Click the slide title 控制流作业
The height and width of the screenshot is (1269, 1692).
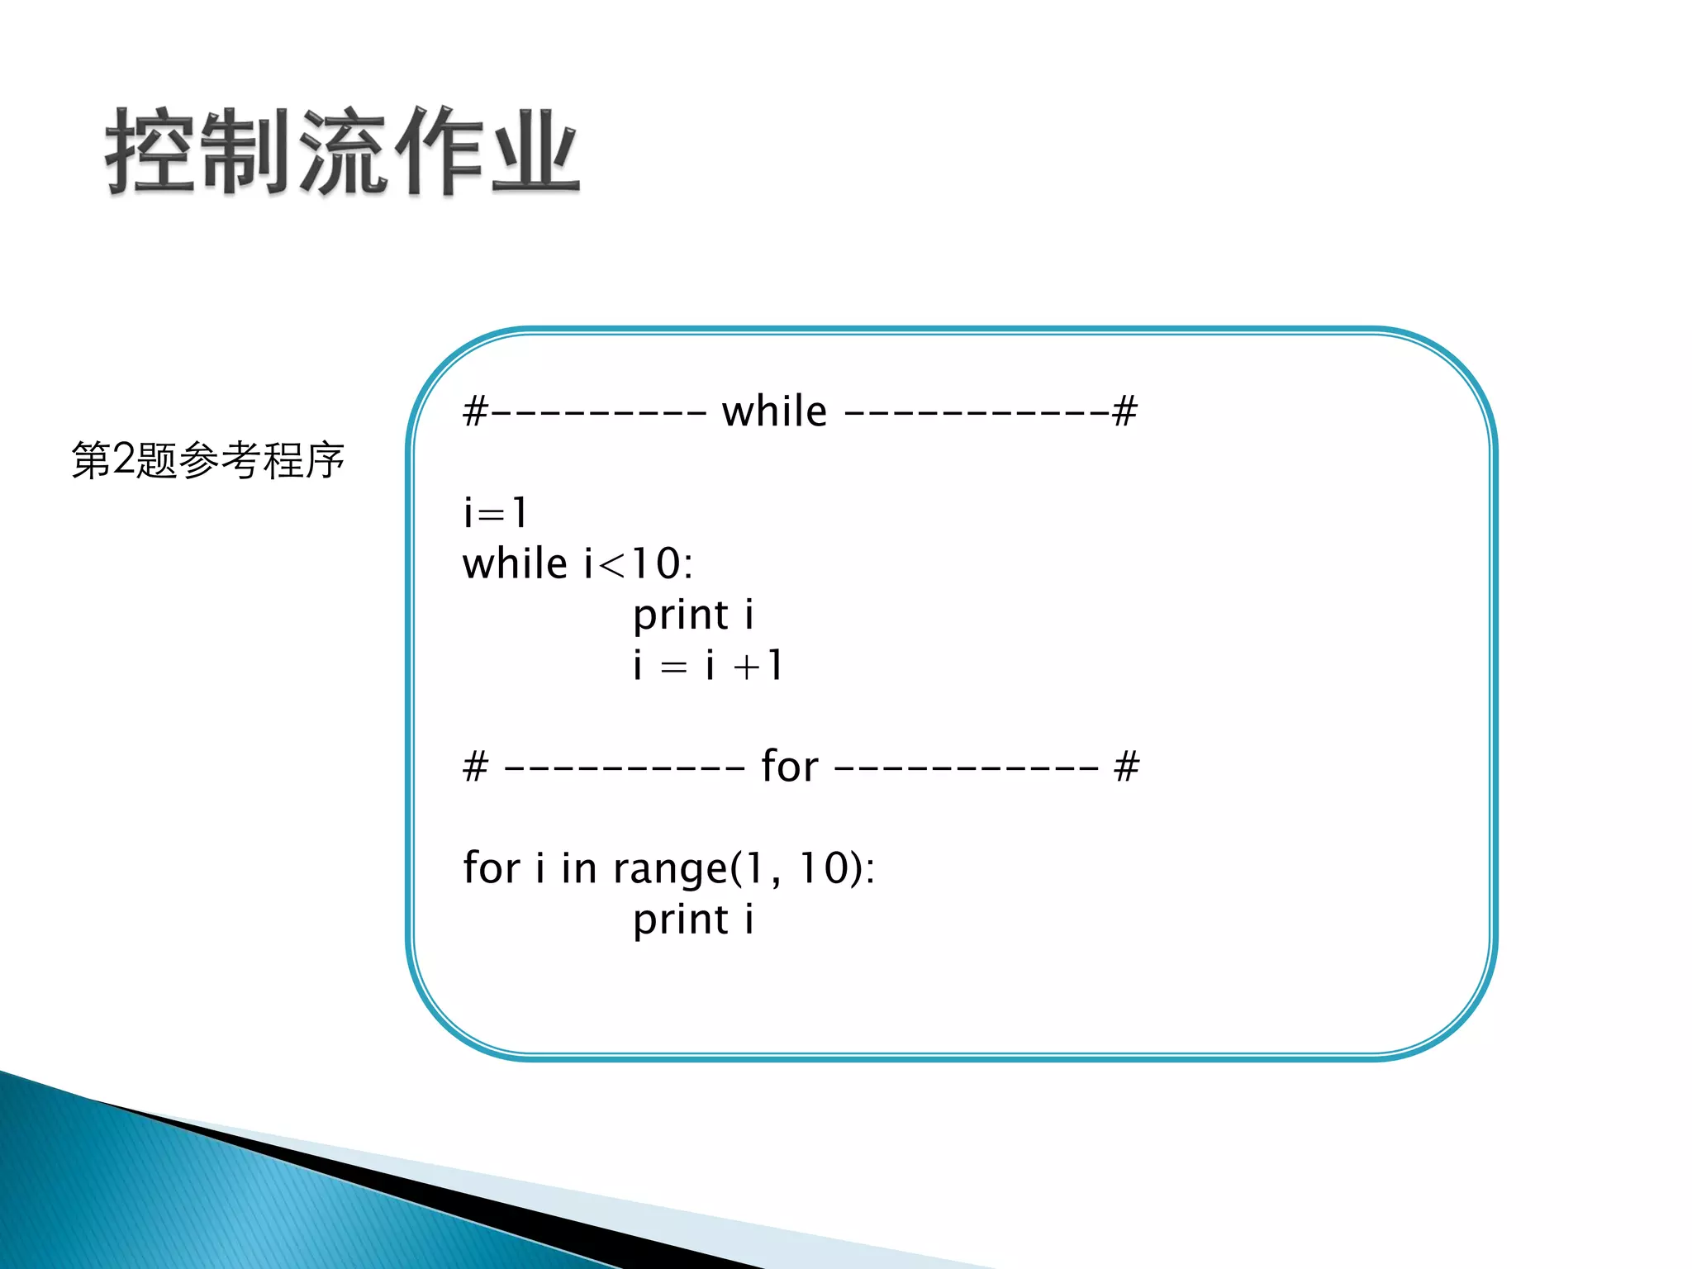coord(342,152)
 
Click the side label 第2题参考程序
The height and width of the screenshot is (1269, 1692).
coord(207,460)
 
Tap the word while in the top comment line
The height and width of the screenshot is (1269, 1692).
coord(774,411)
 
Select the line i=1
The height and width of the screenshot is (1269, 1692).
coord(495,512)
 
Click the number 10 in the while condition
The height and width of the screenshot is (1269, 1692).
coord(656,563)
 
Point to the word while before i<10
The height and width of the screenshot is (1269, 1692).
coord(515,563)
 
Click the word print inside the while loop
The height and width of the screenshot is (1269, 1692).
coord(681,615)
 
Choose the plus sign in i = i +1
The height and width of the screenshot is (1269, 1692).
coord(746,666)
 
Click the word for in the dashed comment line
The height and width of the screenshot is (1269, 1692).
coord(790,766)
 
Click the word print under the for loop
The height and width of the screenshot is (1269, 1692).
coord(681,920)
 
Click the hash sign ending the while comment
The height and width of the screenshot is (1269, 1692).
coord(1124,411)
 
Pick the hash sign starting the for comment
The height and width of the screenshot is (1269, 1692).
coord(475,767)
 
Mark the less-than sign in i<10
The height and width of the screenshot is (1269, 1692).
coord(612,565)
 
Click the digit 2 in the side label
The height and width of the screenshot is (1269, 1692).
coord(123,459)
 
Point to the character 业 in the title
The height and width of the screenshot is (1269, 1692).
coord(534,152)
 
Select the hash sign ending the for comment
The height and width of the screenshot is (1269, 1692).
coord(1126,767)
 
